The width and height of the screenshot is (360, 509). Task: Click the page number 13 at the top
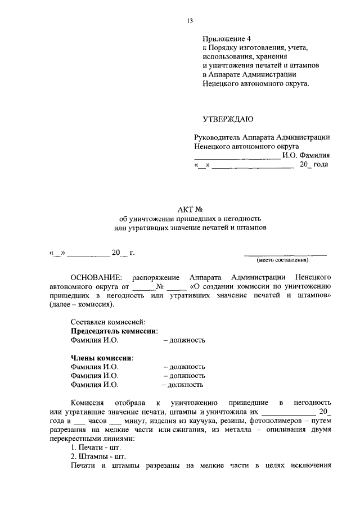coord(190,21)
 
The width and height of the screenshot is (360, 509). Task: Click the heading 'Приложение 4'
coord(226,39)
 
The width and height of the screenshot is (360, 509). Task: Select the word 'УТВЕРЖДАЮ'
coord(228,119)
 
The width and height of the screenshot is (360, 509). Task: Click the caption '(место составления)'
coord(283,260)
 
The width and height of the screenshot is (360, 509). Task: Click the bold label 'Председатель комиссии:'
coord(114,331)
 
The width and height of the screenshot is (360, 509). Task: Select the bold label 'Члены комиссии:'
coord(102,358)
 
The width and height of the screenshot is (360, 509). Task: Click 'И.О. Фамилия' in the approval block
coord(305,156)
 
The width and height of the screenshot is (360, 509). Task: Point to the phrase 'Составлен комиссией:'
coord(108,322)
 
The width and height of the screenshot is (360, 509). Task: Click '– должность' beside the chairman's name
coord(184,340)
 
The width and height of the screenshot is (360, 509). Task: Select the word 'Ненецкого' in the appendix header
coord(220,84)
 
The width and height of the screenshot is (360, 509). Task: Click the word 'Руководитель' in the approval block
coord(217,137)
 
